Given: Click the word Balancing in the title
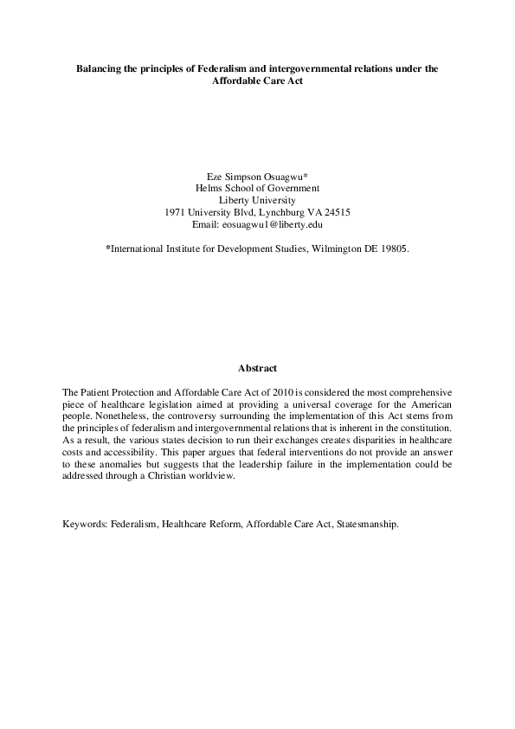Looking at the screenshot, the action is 98,67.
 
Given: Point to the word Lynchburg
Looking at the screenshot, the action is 275,212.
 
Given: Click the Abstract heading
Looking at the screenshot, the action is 257,368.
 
